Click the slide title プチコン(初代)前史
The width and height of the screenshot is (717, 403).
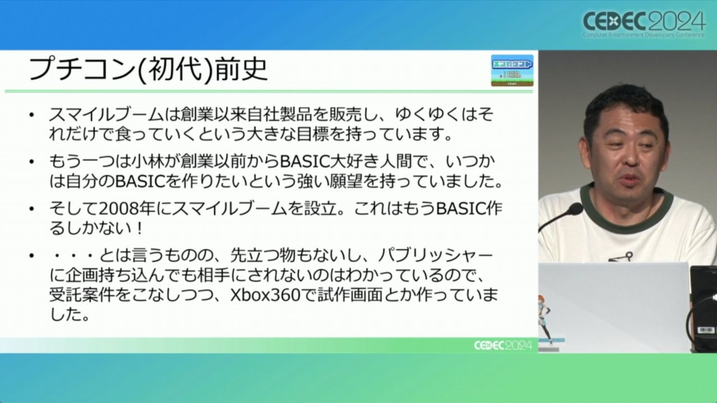(x=147, y=69)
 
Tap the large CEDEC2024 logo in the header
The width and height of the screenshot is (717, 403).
(x=644, y=24)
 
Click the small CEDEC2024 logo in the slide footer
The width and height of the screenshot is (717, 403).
(x=503, y=345)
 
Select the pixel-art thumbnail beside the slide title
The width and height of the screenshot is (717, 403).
(x=512, y=71)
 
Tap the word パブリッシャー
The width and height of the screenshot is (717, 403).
(x=435, y=256)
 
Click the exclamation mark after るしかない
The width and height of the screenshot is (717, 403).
(x=139, y=229)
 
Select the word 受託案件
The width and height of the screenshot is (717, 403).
(x=82, y=296)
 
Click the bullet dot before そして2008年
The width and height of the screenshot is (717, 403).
(x=31, y=209)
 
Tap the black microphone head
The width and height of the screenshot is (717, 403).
(x=575, y=209)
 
